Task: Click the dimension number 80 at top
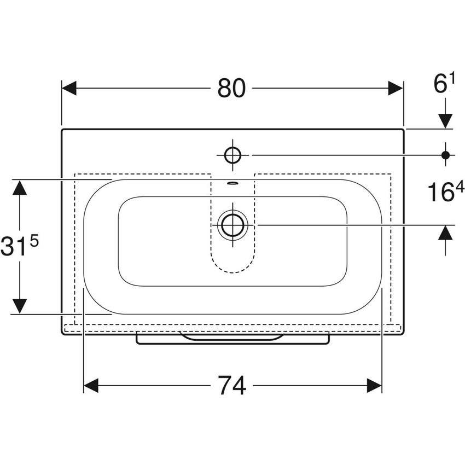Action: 231,88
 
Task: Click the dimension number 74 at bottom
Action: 233,386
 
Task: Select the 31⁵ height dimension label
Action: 20,247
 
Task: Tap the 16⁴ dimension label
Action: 445,192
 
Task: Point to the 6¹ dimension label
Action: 445,84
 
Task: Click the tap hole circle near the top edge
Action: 233,155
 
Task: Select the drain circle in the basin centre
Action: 233,224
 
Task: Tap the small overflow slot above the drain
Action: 233,183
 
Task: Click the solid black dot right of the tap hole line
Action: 445,155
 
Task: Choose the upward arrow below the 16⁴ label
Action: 445,233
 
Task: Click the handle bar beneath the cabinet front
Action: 233,340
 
